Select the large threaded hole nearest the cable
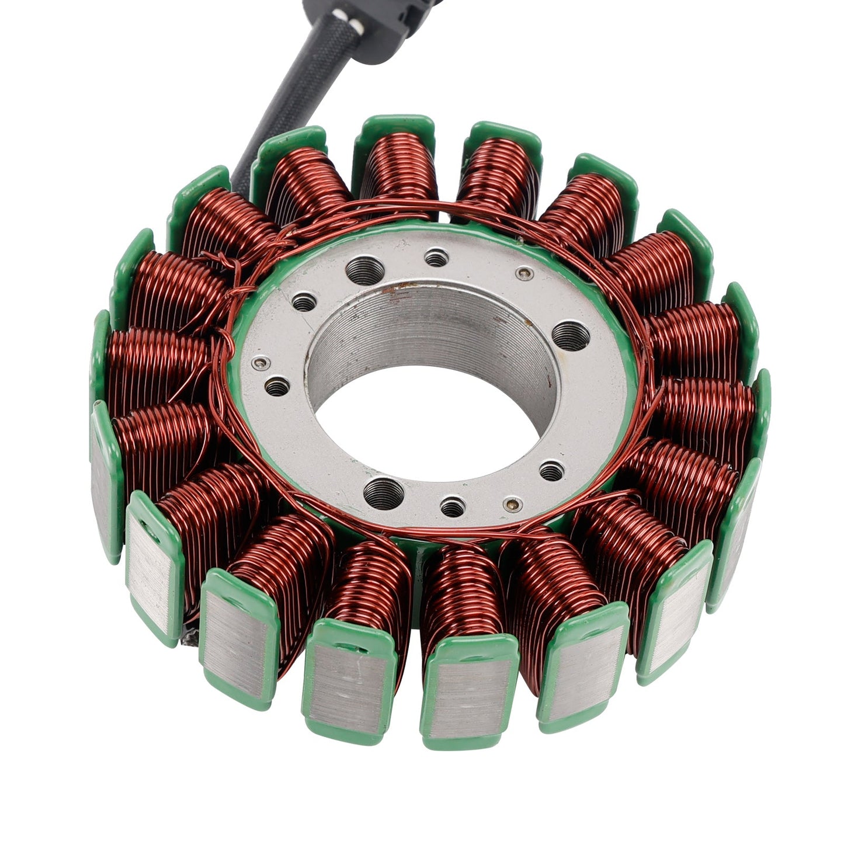(x=365, y=270)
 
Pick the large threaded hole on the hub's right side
(x=570, y=336)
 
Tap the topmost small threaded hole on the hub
(x=436, y=256)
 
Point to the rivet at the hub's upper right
(x=526, y=273)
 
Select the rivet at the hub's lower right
(x=513, y=502)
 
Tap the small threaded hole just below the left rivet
(x=277, y=386)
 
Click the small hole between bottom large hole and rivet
(x=453, y=507)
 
